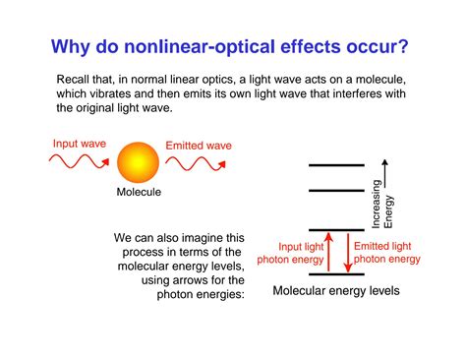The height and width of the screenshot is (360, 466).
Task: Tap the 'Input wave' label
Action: [80, 144]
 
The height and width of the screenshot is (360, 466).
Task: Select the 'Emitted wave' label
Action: [199, 146]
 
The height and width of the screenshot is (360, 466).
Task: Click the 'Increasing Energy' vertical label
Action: [381, 205]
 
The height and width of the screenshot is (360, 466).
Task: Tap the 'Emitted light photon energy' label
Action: [386, 253]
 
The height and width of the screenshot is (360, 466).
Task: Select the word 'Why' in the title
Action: [75, 46]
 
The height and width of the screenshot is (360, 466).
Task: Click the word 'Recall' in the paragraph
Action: [79, 78]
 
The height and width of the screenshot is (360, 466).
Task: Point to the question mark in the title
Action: [404, 46]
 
